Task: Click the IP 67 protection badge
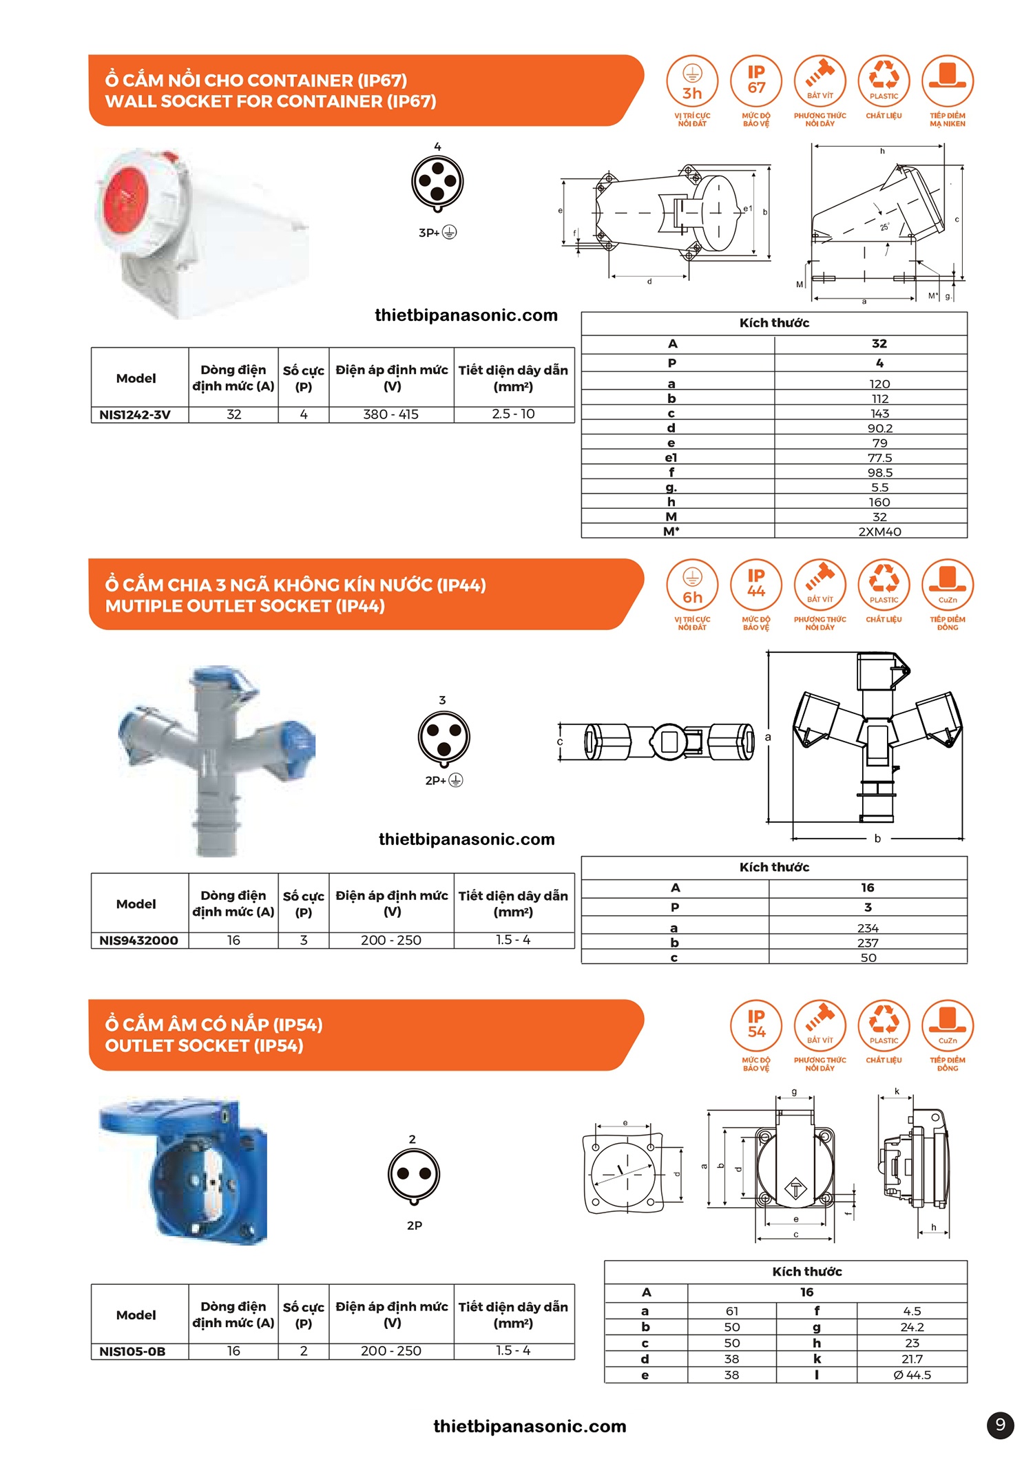[x=755, y=81]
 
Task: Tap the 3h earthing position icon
[x=692, y=81]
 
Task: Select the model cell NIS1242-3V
[x=136, y=415]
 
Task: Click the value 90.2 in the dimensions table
[x=879, y=428]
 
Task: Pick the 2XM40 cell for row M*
[x=879, y=532]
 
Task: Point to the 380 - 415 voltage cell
[x=390, y=415]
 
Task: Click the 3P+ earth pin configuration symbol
[x=437, y=183]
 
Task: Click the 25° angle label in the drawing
[x=884, y=227]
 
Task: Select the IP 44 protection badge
[x=755, y=585]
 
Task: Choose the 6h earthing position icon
[x=692, y=585]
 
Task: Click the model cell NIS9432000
[x=138, y=941]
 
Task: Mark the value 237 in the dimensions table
[x=868, y=943]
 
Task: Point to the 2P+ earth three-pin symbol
[x=444, y=737]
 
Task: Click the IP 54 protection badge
[x=755, y=1025]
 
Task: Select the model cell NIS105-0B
[x=132, y=1352]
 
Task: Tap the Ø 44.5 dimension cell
[x=912, y=1375]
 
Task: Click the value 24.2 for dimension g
[x=912, y=1327]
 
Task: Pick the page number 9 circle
[x=1000, y=1425]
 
